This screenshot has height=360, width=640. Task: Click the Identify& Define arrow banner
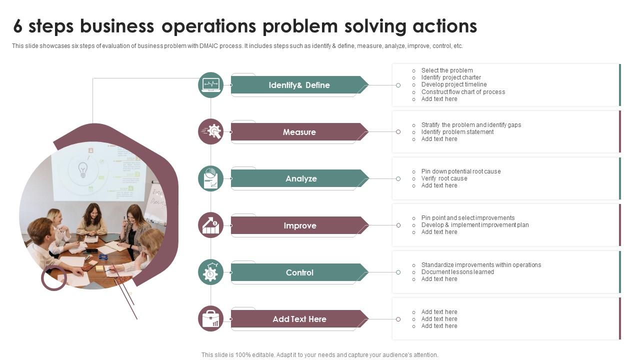(x=299, y=85)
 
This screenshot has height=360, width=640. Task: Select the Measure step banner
(x=299, y=132)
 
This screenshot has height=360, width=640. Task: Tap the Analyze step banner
(x=300, y=178)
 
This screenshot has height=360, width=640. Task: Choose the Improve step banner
(x=300, y=225)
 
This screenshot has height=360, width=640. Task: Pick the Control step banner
(x=299, y=272)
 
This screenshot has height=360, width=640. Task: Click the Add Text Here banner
(x=299, y=319)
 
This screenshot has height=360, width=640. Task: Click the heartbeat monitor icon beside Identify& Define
(x=210, y=85)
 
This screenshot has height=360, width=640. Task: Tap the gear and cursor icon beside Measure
(x=210, y=131)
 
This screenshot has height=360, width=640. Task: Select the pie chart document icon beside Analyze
(x=210, y=178)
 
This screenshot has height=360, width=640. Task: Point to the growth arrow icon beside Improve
(x=210, y=225)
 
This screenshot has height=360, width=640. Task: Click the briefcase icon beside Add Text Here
(x=210, y=319)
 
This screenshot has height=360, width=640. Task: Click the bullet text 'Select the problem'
(x=446, y=70)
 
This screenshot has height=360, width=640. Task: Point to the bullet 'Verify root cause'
(x=444, y=178)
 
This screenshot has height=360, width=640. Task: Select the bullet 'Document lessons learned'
(x=457, y=272)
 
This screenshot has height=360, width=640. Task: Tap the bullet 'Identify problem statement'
(x=457, y=132)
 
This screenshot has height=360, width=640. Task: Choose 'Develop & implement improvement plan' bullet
(x=474, y=225)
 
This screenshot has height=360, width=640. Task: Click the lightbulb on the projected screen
(x=83, y=169)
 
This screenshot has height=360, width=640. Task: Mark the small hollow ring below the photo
(x=53, y=278)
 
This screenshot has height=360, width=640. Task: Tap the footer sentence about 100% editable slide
(x=319, y=355)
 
